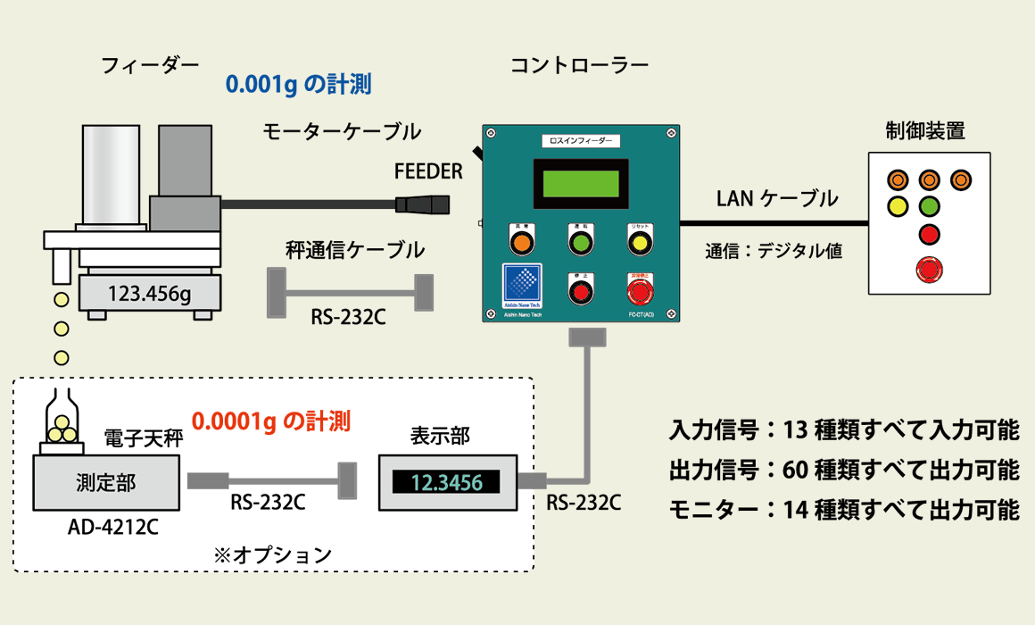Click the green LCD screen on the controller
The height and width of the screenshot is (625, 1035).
pyautogui.click(x=579, y=182)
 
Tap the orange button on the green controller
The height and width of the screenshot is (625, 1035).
pyautogui.click(x=521, y=243)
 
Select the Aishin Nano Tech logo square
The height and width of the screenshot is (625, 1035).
pyautogui.click(x=522, y=285)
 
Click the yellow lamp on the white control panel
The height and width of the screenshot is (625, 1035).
pyautogui.click(x=898, y=207)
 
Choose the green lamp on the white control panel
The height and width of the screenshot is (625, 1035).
pyautogui.click(x=929, y=207)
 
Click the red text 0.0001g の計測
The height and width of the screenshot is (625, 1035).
pyautogui.click(x=271, y=420)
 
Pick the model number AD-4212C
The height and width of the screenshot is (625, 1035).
pyautogui.click(x=113, y=527)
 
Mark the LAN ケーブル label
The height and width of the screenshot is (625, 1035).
pyautogui.click(x=777, y=198)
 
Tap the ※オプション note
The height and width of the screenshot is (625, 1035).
pyautogui.click(x=273, y=554)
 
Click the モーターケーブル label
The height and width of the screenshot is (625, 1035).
pyautogui.click(x=342, y=131)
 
